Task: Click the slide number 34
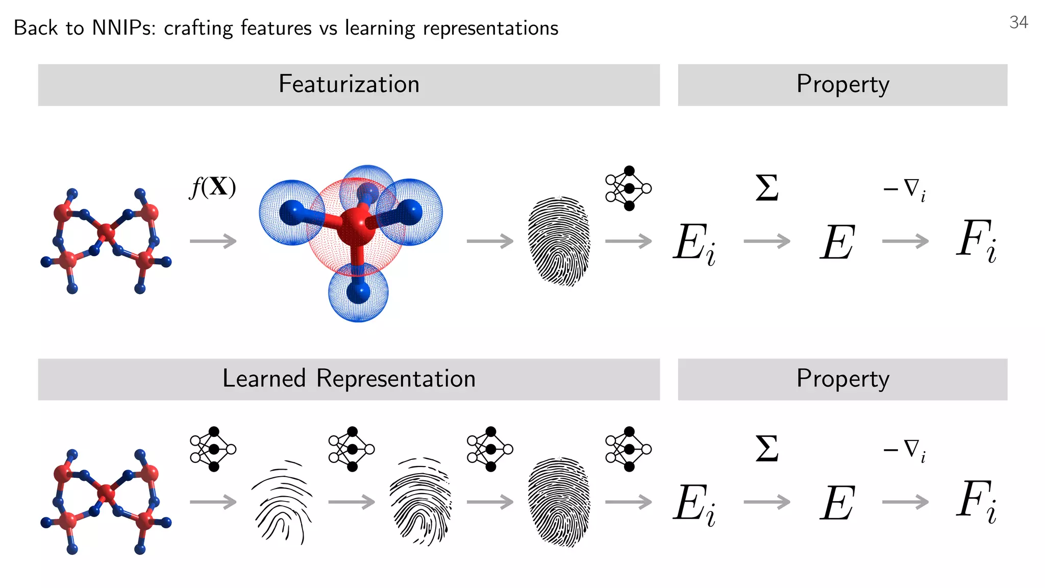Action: (1018, 22)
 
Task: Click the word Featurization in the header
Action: (349, 84)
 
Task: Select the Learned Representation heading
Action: (349, 379)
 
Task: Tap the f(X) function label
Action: (213, 187)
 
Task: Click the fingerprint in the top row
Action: (559, 241)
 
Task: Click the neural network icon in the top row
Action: (628, 188)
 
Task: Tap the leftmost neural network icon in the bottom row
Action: (213, 449)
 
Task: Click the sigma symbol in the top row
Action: (767, 188)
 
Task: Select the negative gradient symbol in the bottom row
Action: (905, 450)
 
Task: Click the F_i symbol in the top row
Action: (976, 241)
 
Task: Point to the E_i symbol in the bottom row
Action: (694, 504)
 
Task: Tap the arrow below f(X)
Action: (213, 241)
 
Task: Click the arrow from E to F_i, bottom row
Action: (905, 502)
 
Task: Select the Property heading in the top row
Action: (842, 84)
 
